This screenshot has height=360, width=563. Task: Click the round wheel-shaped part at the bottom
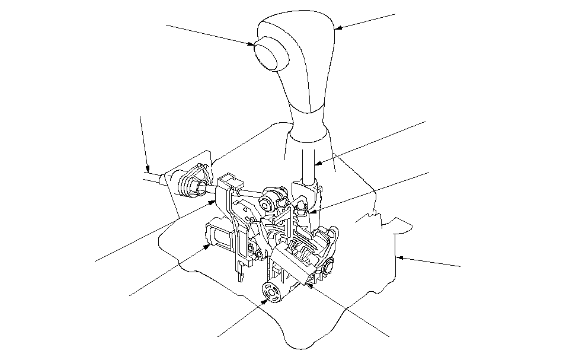click(271, 293)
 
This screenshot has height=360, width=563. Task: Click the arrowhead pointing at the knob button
click(253, 44)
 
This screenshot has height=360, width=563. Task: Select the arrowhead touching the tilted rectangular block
click(309, 284)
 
